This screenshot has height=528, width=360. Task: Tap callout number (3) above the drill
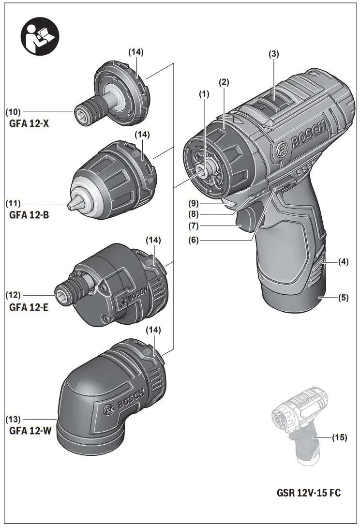click(x=274, y=55)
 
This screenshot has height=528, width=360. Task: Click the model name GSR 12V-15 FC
click(x=308, y=493)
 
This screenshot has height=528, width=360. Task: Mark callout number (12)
click(x=14, y=294)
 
